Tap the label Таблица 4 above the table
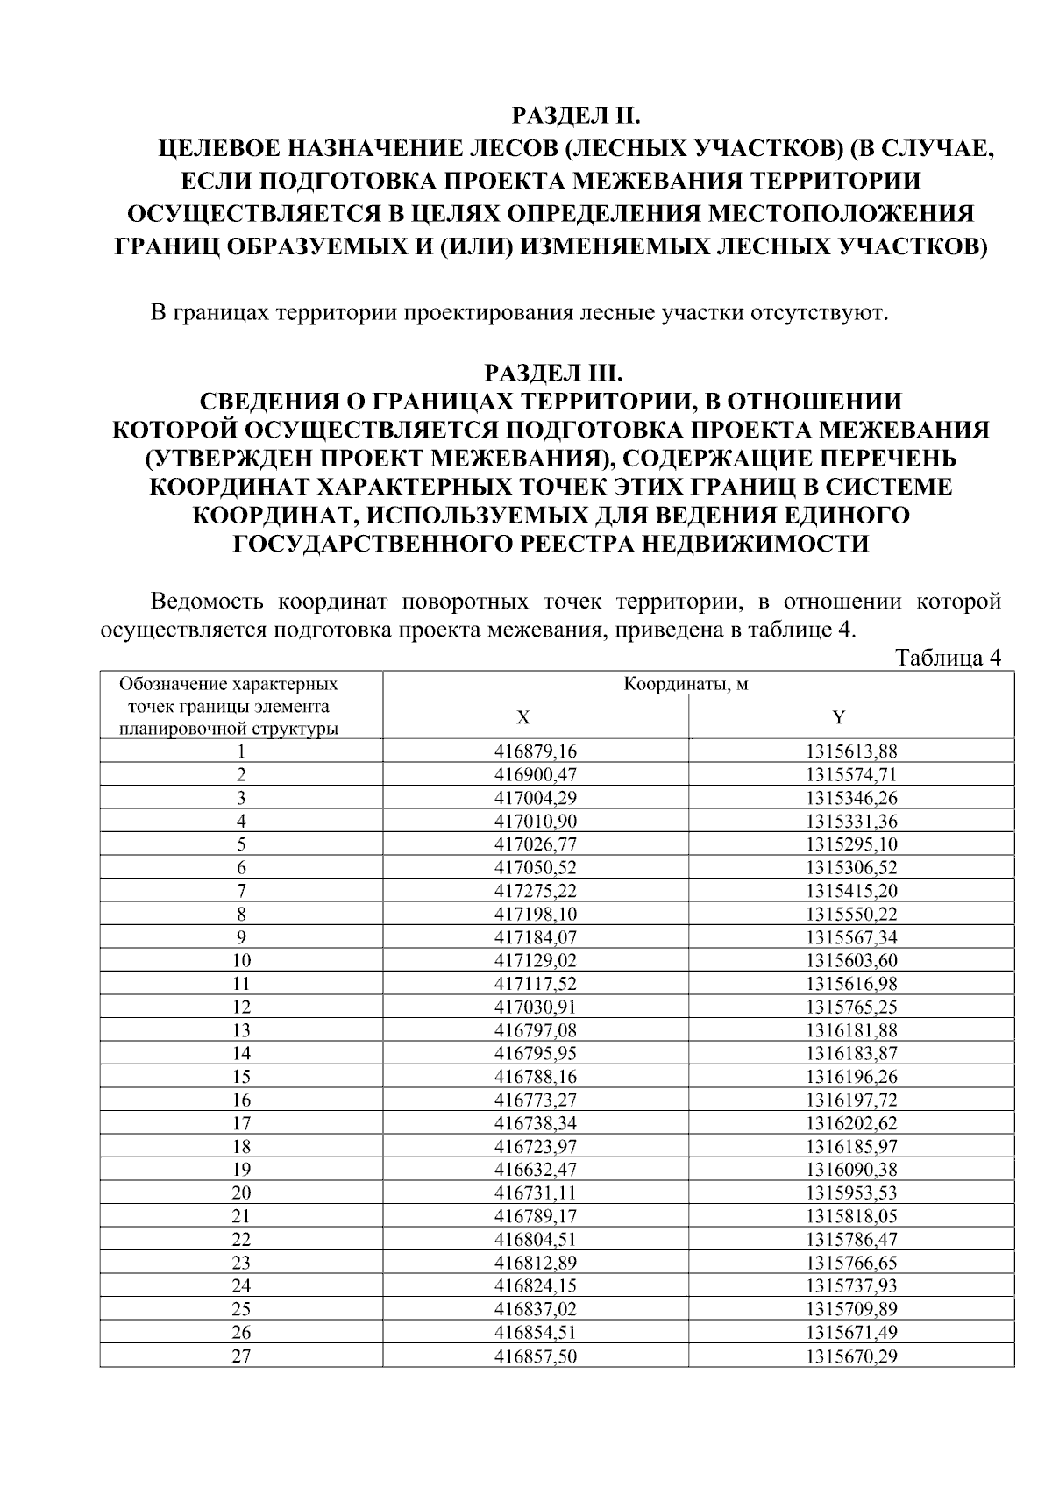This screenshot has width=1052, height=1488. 948,658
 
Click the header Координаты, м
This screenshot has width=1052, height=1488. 686,684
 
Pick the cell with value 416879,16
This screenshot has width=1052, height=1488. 535,751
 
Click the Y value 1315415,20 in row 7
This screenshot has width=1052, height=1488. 851,891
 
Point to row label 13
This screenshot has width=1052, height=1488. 241,1030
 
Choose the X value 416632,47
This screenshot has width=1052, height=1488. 535,1170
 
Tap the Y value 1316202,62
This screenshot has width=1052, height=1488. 851,1123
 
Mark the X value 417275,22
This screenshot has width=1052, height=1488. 535,891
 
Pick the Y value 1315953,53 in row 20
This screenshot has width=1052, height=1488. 851,1193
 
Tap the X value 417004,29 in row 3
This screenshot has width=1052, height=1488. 535,798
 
